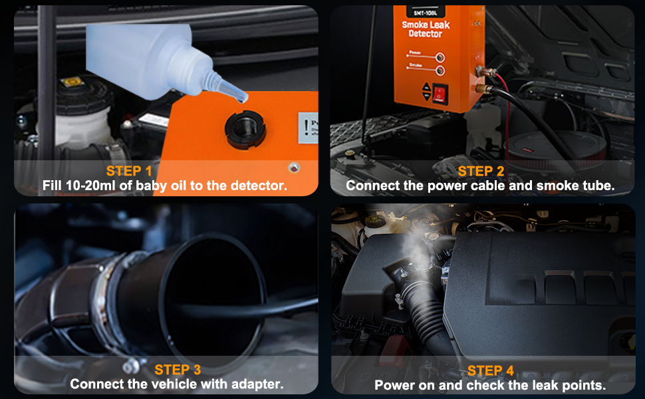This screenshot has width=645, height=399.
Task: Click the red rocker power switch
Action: (439, 94)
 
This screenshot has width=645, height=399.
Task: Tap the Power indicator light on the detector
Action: (440, 58)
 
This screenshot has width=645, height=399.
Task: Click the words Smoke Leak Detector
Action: (425, 29)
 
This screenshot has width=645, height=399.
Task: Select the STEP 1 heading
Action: (134, 171)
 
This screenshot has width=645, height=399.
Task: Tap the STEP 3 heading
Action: (178, 369)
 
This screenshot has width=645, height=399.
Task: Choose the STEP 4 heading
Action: (490, 370)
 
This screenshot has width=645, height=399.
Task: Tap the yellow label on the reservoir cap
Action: (72, 82)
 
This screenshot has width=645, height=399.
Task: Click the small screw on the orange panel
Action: (291, 168)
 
